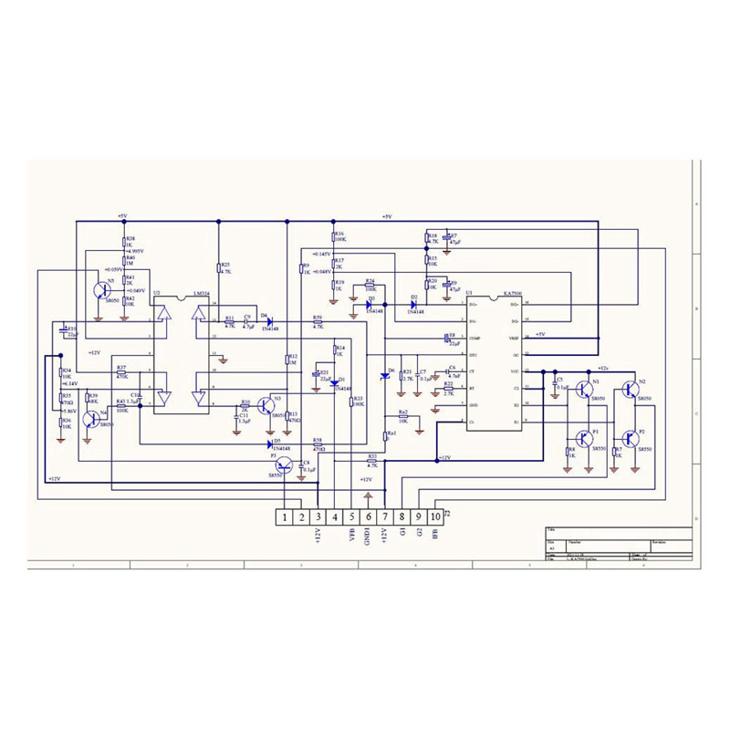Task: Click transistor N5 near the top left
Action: tap(103, 290)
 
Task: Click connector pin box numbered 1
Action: tap(286, 517)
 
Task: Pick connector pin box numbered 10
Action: tap(435, 517)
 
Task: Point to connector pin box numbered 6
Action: tap(369, 517)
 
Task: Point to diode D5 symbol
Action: tap(271, 444)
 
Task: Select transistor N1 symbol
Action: tap(584, 389)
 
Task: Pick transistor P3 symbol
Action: tap(285, 464)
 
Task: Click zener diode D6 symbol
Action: tap(384, 376)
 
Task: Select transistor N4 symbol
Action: tap(91, 419)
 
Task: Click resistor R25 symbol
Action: tap(219, 267)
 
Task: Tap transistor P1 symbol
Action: tap(584, 439)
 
